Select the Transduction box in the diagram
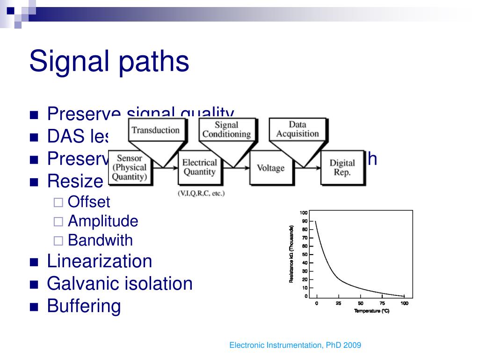(156, 130)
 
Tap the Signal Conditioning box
(226, 129)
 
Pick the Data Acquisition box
(297, 129)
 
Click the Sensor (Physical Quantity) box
(129, 168)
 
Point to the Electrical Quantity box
(200, 167)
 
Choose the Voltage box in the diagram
(270, 167)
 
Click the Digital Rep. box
(342, 167)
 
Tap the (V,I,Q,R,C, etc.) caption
(201, 193)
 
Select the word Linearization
(100, 261)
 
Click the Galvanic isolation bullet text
(120, 284)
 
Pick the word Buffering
(84, 306)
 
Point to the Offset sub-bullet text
(89, 202)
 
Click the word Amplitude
(103, 221)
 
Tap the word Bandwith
(100, 240)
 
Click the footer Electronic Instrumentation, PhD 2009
(295, 345)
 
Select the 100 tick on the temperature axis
(404, 303)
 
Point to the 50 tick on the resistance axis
(305, 255)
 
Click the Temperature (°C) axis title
(371, 311)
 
